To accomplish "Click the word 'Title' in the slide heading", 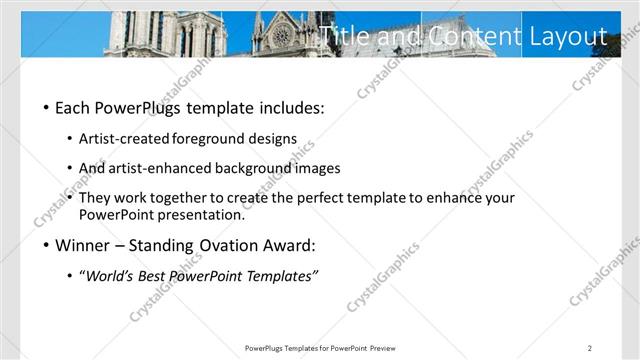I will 343,37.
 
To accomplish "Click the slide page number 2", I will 590,347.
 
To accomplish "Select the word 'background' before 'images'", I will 259,168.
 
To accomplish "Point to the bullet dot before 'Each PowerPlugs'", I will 46,108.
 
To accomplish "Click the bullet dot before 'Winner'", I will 46,245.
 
